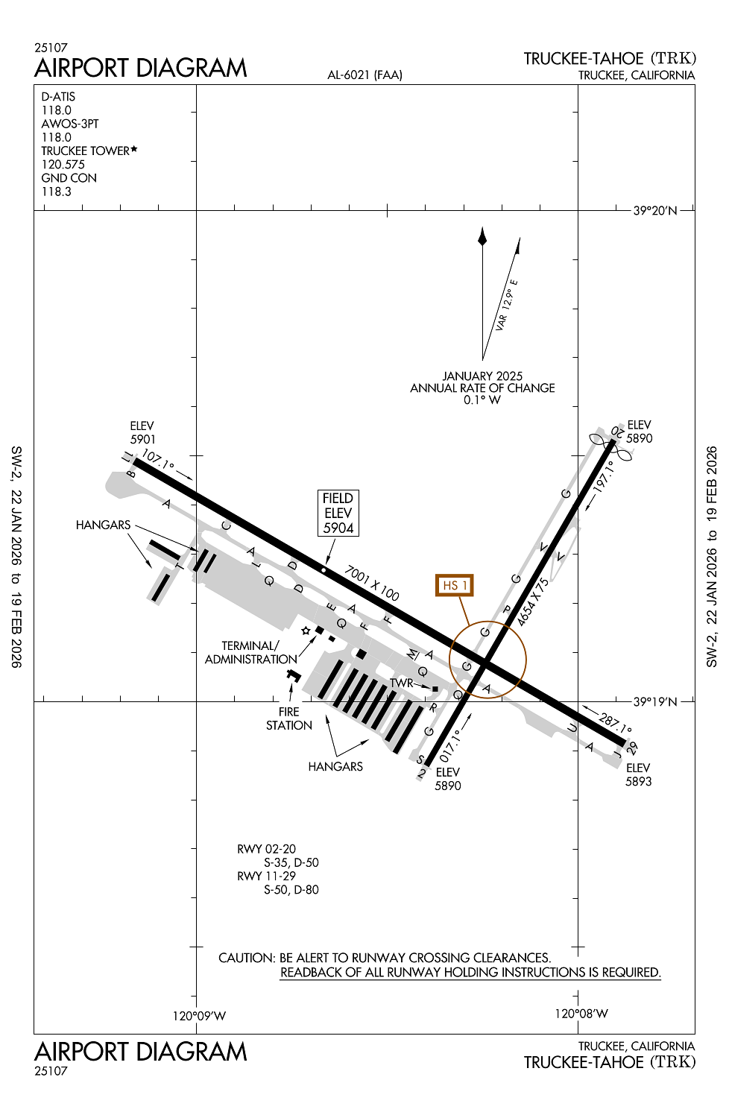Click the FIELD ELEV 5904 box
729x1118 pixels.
click(338, 513)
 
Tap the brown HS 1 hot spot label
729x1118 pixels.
click(455, 585)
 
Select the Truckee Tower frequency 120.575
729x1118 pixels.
click(63, 164)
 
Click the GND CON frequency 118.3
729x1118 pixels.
click(57, 192)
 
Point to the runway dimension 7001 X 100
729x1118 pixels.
click(372, 583)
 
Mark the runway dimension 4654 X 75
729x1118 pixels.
click(533, 601)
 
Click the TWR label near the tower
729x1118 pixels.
click(401, 683)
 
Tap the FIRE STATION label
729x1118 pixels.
click(289, 719)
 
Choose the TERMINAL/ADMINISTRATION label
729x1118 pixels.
click(250, 652)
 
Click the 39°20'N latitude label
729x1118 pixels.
click(655, 210)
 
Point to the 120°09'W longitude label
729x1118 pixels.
click(199, 1015)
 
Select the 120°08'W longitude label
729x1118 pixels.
click(581, 1013)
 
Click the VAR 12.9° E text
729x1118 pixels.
click(507, 304)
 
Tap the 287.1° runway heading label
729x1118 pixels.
click(616, 722)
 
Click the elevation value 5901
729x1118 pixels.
click(143, 439)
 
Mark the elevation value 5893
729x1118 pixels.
click(639, 781)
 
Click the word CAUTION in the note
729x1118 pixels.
click(247, 958)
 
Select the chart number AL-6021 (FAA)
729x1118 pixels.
click(364, 75)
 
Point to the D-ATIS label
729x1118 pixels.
click(58, 96)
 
